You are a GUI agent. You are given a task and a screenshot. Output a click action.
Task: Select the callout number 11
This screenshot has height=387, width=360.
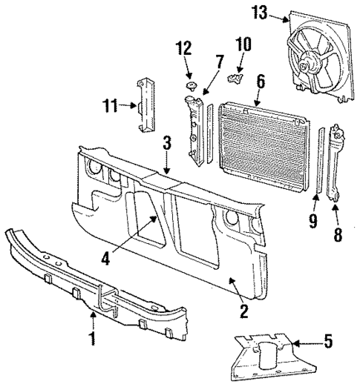coord(111,106)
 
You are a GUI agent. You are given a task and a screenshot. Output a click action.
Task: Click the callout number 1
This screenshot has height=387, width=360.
coord(93,340)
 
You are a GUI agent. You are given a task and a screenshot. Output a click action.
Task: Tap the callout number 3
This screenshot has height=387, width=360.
coord(168,142)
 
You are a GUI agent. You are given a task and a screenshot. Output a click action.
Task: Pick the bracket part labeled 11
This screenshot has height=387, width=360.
coord(144,104)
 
